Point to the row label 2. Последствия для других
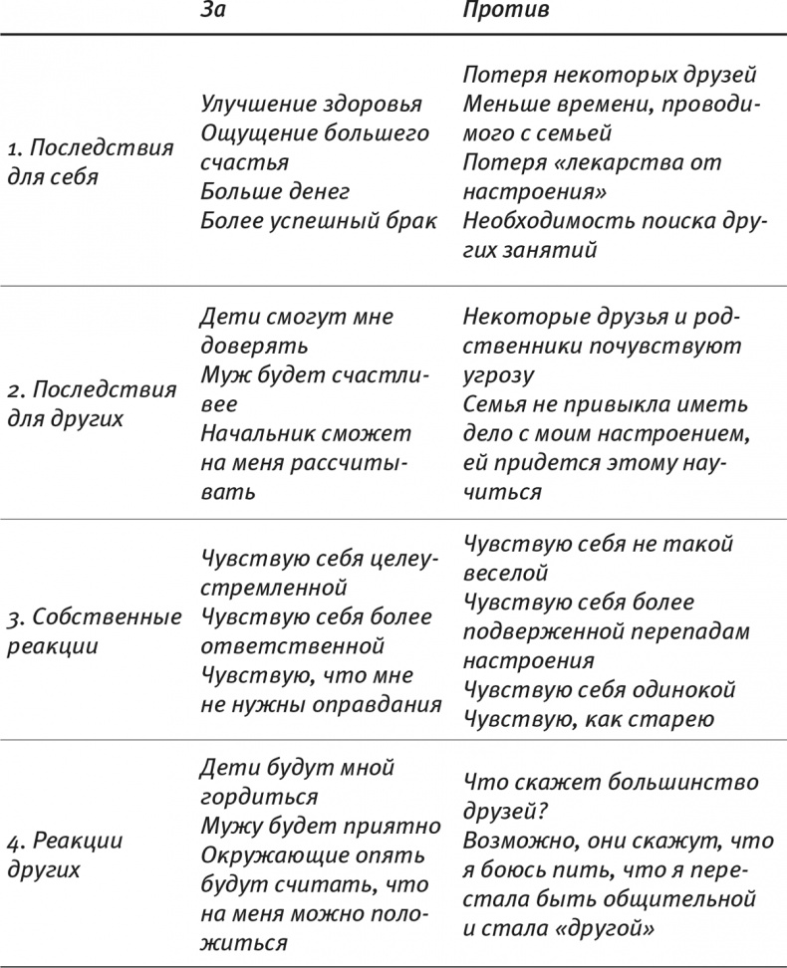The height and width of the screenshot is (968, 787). pos(91,403)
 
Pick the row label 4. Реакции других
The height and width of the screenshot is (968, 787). pos(65,854)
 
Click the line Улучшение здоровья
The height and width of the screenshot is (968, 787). pos(311,105)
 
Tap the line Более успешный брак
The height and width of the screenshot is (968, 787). pos(319,220)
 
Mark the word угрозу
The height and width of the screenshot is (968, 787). pos(498,375)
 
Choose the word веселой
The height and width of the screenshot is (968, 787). pos(506,574)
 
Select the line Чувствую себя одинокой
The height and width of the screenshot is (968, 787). pos(600,690)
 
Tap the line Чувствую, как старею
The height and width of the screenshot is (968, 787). pos(589,719)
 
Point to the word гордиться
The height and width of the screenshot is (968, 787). pos(259,797)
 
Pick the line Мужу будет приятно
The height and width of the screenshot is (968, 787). pos(320,826)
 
